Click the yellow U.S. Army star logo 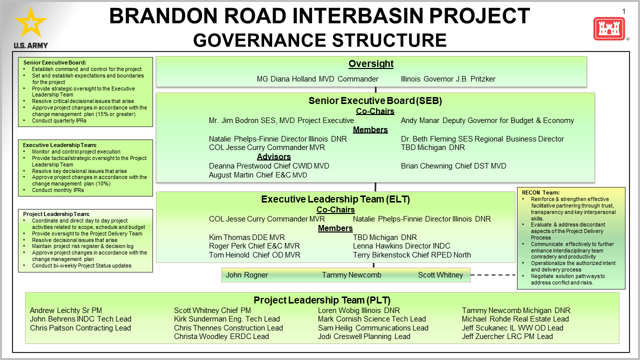[x=31, y=23]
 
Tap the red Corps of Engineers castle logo [x=609, y=28]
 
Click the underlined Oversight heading [x=371, y=63]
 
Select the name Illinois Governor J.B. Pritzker [x=448, y=79]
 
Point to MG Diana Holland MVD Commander [x=317, y=79]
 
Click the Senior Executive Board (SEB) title [x=375, y=100]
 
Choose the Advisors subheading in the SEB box [x=273, y=156]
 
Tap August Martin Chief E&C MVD [x=257, y=175]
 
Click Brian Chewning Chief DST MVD [x=453, y=166]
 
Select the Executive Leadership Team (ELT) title [x=335, y=199]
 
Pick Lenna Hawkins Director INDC [x=401, y=246]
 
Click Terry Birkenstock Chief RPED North [x=411, y=255]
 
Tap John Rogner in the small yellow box [x=247, y=275]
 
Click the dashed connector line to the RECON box [x=493, y=275]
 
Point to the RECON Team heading [x=540, y=192]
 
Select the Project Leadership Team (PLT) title [x=322, y=300]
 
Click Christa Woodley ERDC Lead [x=221, y=336]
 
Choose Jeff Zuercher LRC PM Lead [x=507, y=336]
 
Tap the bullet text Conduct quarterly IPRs [x=59, y=120]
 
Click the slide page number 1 [x=623, y=11]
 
